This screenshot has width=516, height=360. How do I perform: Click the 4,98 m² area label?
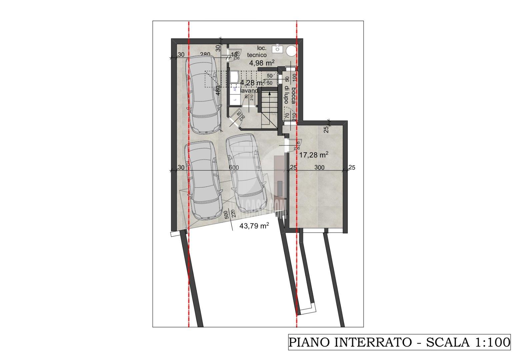point(262,62)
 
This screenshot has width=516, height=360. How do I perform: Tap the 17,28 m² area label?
point(314,155)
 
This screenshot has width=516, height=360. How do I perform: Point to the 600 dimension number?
point(234,168)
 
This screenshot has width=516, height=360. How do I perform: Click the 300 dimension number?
point(319,168)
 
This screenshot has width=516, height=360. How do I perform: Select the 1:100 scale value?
point(492,342)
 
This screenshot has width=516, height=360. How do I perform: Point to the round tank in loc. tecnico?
point(292,51)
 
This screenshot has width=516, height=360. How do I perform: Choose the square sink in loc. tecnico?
point(277,49)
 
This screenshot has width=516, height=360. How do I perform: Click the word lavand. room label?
point(250,90)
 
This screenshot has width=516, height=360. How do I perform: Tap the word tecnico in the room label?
point(257,55)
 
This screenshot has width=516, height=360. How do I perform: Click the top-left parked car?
point(204,94)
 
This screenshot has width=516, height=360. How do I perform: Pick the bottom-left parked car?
point(203,180)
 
